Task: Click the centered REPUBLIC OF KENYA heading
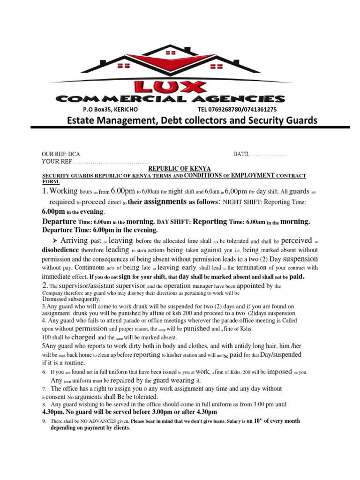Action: pyautogui.click(x=180, y=168)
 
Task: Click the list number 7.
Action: pyautogui.click(x=44, y=389)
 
